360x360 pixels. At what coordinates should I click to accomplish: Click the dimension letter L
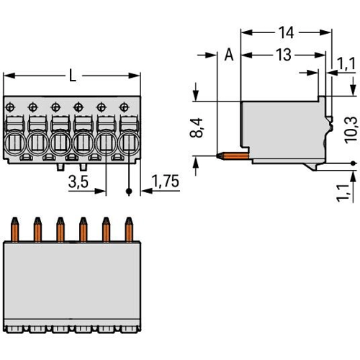73,75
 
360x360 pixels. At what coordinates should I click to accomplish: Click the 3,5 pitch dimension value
78,181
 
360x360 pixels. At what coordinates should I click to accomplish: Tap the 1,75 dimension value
166,181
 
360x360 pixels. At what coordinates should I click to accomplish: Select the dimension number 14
286,32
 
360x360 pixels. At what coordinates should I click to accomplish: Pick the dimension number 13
284,55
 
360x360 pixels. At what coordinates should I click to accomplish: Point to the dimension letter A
229,55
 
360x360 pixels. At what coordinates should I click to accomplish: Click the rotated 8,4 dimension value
197,128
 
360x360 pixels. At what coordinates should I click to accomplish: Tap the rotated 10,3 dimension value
351,130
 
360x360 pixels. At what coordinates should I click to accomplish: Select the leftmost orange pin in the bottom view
14,230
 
